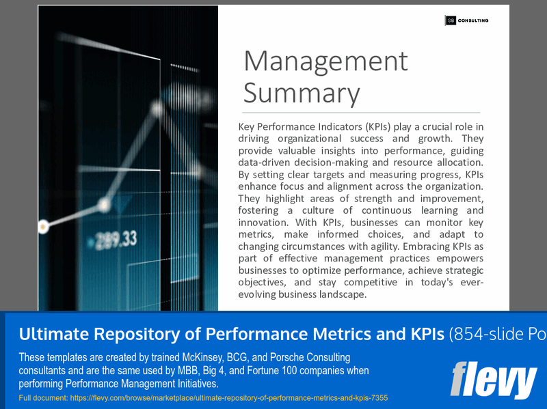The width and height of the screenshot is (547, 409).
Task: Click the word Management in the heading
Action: (x=325, y=61)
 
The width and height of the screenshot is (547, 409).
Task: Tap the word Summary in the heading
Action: (x=302, y=93)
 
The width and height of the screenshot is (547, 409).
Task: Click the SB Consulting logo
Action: (x=467, y=20)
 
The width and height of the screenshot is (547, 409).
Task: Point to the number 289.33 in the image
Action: (x=116, y=239)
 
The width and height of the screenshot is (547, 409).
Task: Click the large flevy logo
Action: (x=493, y=380)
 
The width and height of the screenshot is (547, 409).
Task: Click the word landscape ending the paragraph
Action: (x=341, y=294)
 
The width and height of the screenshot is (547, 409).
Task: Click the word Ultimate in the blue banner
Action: (x=49, y=334)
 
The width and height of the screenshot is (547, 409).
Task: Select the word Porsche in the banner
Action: (x=286, y=358)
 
